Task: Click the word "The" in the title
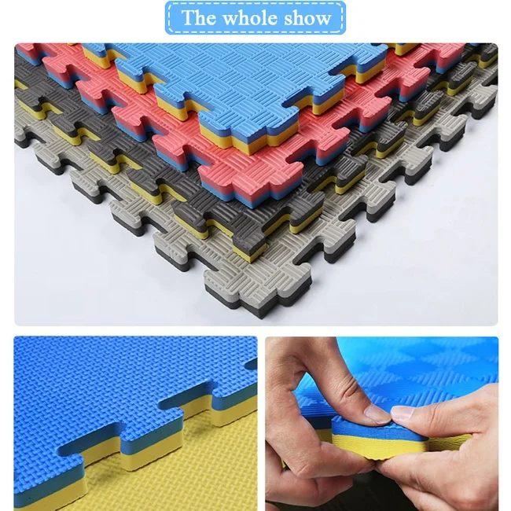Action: point(197,18)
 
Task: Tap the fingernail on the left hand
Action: point(376,413)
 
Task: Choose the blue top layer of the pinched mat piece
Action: point(369,425)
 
